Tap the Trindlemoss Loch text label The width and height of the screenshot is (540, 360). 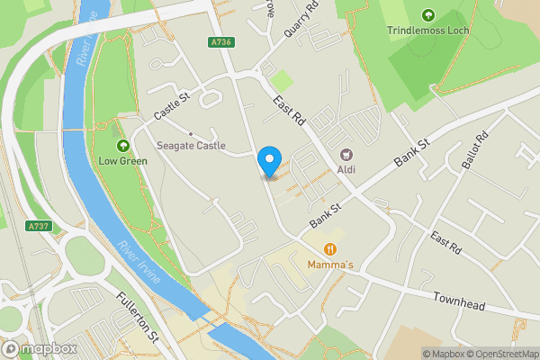pyautogui.click(x=427, y=31)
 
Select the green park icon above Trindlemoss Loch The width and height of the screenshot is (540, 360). pyautogui.click(x=427, y=14)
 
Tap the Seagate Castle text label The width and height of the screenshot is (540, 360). pyautogui.click(x=191, y=146)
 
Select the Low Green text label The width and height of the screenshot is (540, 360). pyautogui.click(x=122, y=163)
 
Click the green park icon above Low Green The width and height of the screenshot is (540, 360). pyautogui.click(x=122, y=146)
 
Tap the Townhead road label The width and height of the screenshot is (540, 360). pyautogui.click(x=459, y=302)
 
